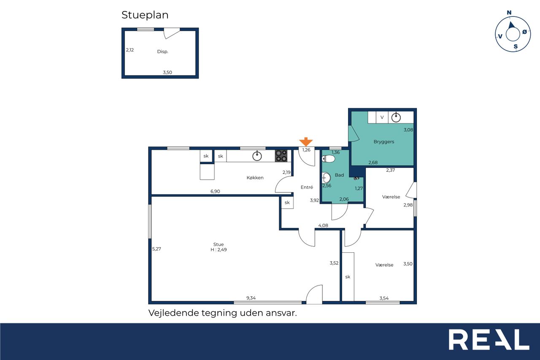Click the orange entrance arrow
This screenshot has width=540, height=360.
pos(306,142)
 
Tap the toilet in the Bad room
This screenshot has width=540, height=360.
pos(328,159)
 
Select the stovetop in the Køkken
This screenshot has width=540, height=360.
pos(281,156)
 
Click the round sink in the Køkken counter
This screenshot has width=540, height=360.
pos(257,156)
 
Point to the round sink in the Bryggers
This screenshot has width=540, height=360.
pos(396,117)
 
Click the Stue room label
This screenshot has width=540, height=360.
pos(219,244)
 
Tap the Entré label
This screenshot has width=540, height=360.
pos(307,187)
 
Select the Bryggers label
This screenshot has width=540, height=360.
pos(384,142)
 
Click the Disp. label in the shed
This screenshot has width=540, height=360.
pos(163,51)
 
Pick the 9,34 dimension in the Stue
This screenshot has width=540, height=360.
pos(251,298)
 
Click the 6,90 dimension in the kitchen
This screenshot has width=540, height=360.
pos(215,192)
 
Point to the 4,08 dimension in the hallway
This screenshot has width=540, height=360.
pos(323,225)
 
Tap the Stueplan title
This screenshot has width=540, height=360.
pos(145,15)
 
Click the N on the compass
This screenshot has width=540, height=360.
pos(509,13)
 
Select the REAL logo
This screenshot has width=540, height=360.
pos(489,339)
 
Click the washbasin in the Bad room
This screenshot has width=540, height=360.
pos(326,178)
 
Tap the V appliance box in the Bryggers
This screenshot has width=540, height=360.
pos(382,117)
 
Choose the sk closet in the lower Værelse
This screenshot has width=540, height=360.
pos(348,276)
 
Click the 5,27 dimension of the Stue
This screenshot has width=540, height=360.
pos(157,249)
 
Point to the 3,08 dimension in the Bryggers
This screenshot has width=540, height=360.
pos(408,130)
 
